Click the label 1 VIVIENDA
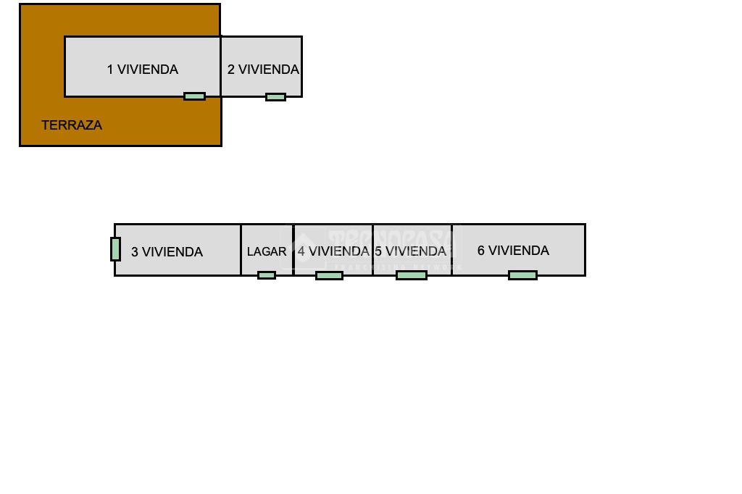click(x=143, y=70)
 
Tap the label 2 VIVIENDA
click(x=263, y=70)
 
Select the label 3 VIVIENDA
click(x=167, y=252)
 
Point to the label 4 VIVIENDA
click(x=333, y=251)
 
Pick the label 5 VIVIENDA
click(x=410, y=251)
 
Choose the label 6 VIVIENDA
click(x=513, y=251)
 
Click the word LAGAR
click(x=267, y=252)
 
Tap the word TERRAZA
click(x=72, y=125)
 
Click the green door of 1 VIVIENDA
click(x=194, y=96)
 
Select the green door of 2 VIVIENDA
click(x=275, y=97)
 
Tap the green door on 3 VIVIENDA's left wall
click(x=115, y=249)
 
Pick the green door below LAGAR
click(x=267, y=275)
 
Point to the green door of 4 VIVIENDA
click(x=329, y=275)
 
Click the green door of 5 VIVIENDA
click(x=412, y=275)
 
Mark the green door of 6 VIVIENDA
click(x=522, y=275)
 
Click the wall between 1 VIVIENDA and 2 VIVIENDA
click(x=221, y=66)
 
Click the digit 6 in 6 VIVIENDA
click(x=481, y=251)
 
